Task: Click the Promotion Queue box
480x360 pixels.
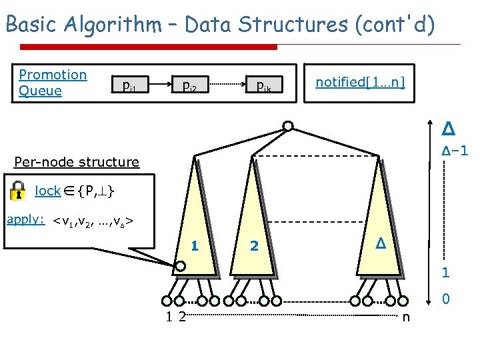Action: click(53, 83)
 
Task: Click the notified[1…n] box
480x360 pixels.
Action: click(360, 82)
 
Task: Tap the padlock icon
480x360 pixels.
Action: click(20, 191)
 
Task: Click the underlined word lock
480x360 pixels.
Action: click(47, 191)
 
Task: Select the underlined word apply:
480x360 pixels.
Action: click(25, 219)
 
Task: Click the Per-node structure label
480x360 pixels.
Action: click(77, 162)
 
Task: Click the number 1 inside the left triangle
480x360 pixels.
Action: click(195, 245)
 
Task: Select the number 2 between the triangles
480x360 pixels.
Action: click(253, 246)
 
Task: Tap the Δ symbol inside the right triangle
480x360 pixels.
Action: click(379, 245)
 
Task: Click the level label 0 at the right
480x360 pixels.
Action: click(445, 301)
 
